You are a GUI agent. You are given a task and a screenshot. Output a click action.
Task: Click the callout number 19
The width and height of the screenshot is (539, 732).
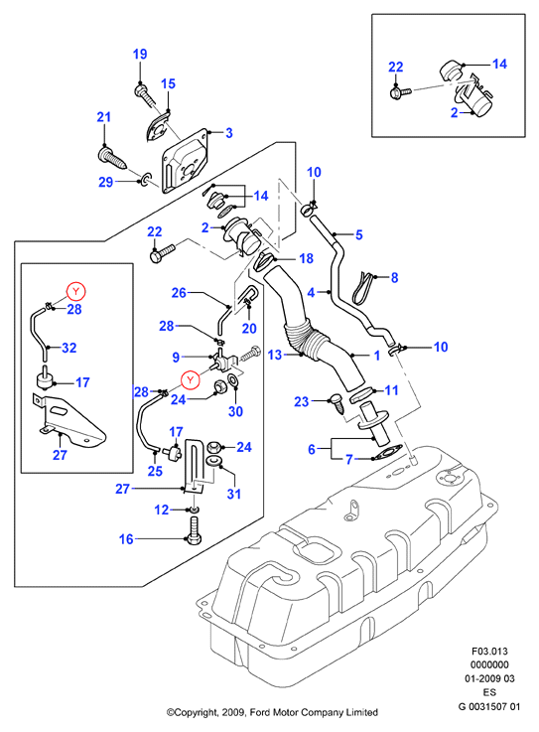(140, 55)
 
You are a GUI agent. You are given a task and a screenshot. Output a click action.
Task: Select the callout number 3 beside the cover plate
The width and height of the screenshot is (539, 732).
(228, 133)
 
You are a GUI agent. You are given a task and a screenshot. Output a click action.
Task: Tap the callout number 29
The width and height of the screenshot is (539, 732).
(106, 182)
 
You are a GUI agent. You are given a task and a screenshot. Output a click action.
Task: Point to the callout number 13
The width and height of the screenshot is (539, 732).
(275, 355)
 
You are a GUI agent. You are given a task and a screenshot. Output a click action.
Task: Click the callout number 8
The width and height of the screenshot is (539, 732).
(394, 278)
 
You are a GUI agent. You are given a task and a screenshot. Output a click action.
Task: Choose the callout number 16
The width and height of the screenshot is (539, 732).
(126, 539)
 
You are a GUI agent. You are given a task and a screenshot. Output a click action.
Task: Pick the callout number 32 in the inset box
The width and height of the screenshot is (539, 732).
(69, 348)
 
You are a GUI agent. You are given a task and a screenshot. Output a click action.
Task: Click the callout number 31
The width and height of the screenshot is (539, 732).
(234, 494)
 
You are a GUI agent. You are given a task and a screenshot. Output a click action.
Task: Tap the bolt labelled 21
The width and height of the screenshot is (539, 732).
(112, 159)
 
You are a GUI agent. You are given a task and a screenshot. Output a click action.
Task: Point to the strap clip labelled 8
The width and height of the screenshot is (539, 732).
(363, 286)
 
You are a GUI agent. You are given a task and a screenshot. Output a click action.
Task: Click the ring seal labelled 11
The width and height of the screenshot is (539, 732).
(360, 396)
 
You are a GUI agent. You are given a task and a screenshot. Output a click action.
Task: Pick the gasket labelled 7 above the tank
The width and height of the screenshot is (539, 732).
(386, 452)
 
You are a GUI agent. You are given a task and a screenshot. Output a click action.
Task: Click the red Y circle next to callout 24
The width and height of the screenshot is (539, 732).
(191, 380)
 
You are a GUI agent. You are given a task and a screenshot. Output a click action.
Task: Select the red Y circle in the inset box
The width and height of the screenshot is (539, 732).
(76, 291)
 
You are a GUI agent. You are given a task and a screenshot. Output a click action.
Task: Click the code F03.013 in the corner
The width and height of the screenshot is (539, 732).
(489, 652)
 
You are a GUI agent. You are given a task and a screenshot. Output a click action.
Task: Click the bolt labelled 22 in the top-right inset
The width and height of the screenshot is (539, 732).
(399, 92)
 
